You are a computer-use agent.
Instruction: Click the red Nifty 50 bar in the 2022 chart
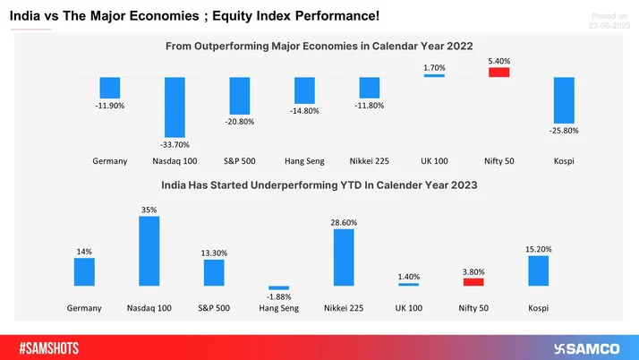point(498,73)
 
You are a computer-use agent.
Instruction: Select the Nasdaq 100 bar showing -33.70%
point(175,105)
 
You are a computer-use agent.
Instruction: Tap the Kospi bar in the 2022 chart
point(564,99)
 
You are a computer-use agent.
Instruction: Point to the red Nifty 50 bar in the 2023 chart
point(473,281)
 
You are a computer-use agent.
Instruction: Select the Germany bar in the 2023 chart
point(84,271)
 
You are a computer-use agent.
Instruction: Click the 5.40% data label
point(498,61)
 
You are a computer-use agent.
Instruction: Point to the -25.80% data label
point(564,130)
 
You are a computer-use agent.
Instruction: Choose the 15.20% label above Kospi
point(538,248)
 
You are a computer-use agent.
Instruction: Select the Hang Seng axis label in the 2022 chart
point(304,161)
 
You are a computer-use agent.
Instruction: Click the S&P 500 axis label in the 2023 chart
point(214,307)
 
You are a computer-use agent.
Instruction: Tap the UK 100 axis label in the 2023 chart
point(408,307)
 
